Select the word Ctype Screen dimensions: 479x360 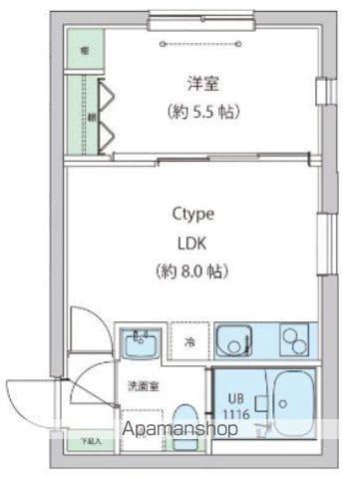tap(193, 214)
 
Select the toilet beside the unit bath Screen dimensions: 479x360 tap(185, 419)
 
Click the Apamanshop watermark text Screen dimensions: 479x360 tap(180, 430)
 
